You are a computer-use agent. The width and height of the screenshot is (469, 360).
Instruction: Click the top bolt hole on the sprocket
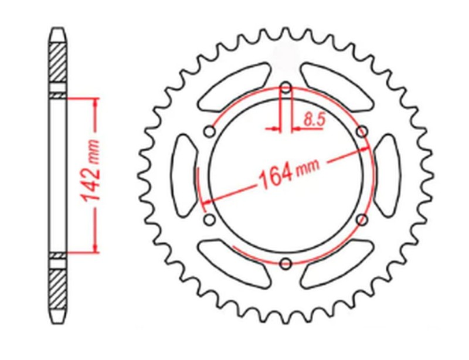pos(286,90)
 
